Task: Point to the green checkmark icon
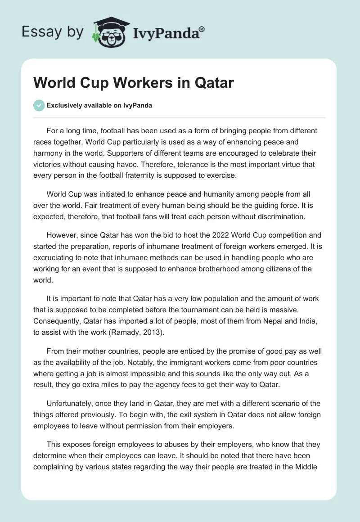pyautogui.click(x=39, y=106)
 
